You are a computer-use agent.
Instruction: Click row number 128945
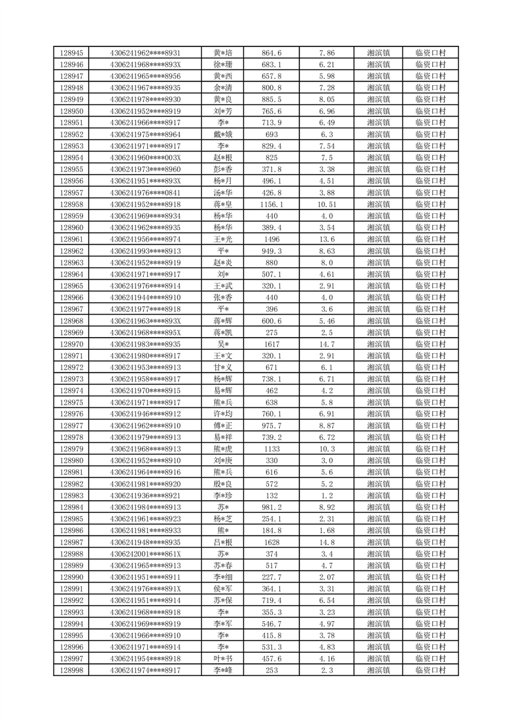(71, 53)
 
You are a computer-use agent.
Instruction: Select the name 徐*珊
(223, 64)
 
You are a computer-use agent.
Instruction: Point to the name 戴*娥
(223, 135)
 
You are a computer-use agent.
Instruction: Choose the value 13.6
(327, 239)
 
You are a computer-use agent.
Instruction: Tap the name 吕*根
(223, 542)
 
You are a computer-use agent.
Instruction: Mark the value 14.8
(327, 542)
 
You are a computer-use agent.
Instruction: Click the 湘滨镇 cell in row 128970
(378, 344)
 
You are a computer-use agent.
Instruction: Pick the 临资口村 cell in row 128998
(430, 670)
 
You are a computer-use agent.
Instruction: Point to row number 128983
(71, 496)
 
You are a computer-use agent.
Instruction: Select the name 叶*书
(223, 659)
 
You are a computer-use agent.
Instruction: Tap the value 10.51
(327, 204)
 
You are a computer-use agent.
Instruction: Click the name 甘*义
(223, 367)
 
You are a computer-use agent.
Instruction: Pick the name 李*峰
(223, 670)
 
